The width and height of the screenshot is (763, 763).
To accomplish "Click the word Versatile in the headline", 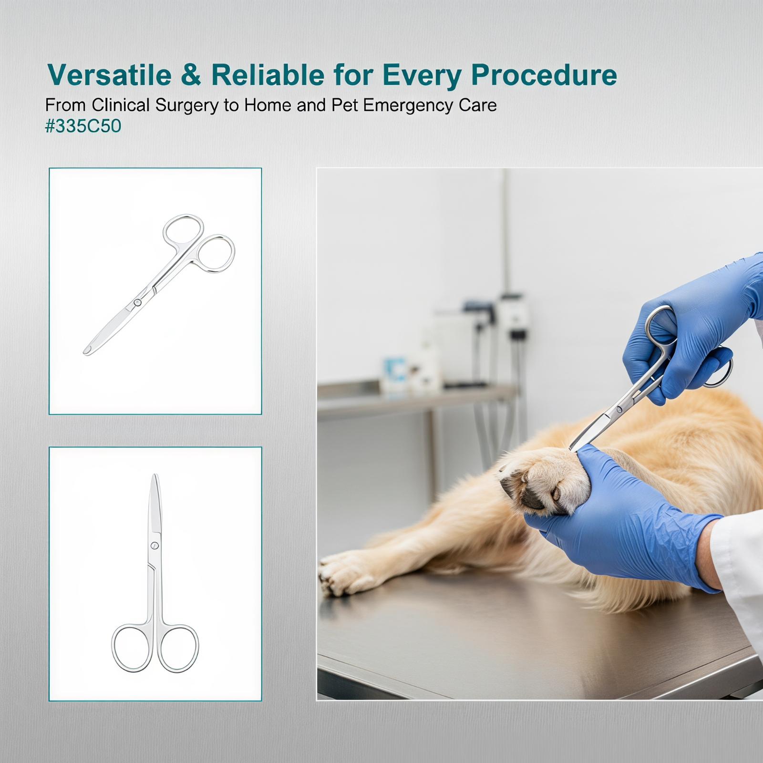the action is (x=110, y=75).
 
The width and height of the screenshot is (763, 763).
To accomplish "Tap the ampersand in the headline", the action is (x=191, y=75).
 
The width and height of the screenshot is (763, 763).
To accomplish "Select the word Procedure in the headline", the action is (x=544, y=75).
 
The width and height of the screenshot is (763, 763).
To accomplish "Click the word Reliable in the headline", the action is (x=268, y=75).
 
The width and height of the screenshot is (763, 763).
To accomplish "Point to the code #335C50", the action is (x=83, y=126).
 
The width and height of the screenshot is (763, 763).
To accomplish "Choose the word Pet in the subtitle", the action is (x=345, y=105).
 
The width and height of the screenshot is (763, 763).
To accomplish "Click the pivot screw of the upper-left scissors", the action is (x=137, y=302).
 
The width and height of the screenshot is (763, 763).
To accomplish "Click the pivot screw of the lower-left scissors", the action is (x=155, y=546).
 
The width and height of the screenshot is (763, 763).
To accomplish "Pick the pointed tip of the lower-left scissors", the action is (x=155, y=476).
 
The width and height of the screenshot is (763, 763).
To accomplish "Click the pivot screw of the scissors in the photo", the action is (x=619, y=409).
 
